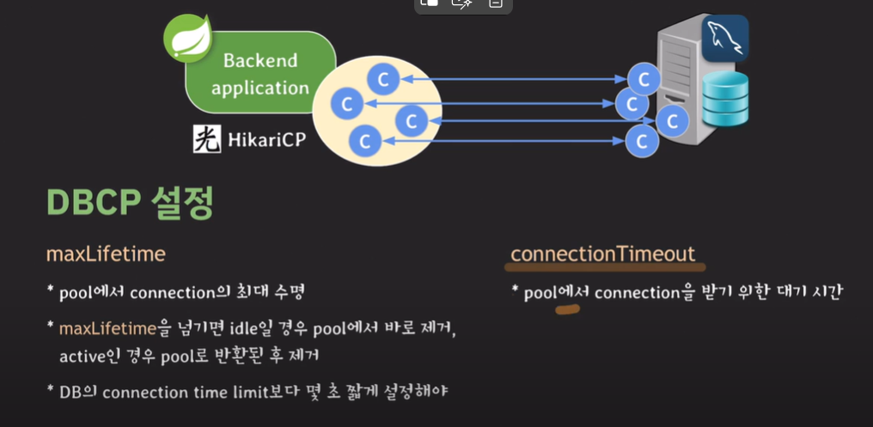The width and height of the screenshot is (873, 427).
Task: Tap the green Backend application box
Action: click(x=259, y=75)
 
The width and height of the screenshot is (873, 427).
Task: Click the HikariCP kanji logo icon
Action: click(x=207, y=138)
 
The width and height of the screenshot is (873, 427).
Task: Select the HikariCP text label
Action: click(x=266, y=138)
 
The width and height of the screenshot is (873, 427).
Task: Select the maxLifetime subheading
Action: click(x=106, y=254)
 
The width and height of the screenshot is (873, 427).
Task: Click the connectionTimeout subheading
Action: click(x=602, y=253)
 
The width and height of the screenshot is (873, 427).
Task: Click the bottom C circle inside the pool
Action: click(x=365, y=140)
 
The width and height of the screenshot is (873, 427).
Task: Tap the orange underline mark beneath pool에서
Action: click(x=568, y=308)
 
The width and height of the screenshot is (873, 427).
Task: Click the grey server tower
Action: click(x=679, y=69)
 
